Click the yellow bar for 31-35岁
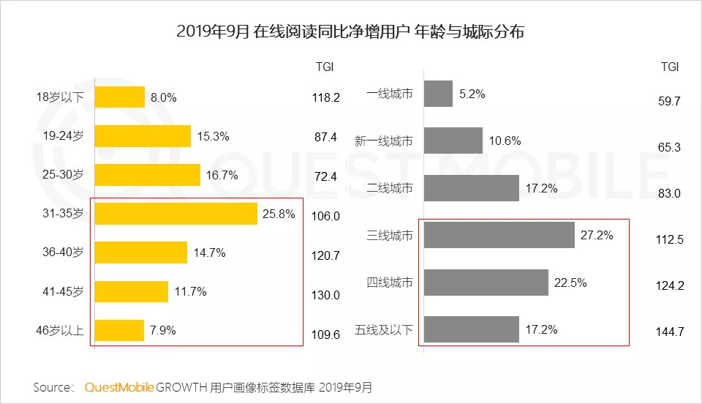(x=175, y=214)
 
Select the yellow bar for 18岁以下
(x=120, y=97)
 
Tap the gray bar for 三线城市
(x=499, y=235)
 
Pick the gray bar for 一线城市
(x=439, y=94)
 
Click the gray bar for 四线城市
(x=486, y=282)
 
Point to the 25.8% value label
(x=279, y=214)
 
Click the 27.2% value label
(x=596, y=235)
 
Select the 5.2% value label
(x=473, y=94)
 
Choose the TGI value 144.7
(x=669, y=332)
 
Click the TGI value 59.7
(x=669, y=101)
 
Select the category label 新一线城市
(x=384, y=141)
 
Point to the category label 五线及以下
(x=390, y=330)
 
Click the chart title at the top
(x=351, y=33)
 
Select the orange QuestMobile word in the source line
(x=119, y=386)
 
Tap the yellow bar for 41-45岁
(x=132, y=291)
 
